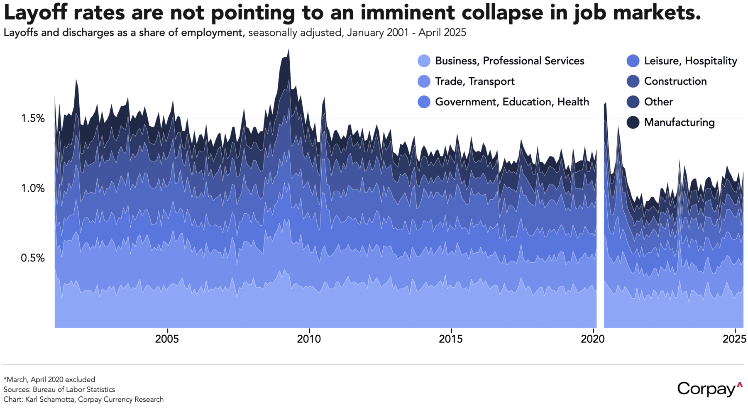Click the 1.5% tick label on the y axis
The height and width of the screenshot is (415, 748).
coord(33,119)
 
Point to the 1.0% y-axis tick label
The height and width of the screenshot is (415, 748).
coord(33,188)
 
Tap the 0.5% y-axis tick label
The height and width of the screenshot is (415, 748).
coord(33,258)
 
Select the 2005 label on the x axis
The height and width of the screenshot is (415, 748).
coord(167,339)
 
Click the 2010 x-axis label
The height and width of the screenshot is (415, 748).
coord(309,339)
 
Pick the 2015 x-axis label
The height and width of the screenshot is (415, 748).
coord(451,339)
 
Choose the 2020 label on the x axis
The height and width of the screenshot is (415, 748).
coord(593,339)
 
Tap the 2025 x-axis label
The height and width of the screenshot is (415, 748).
coord(734,339)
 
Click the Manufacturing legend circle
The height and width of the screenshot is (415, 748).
coord(633,122)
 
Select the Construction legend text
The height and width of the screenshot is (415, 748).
coord(675,81)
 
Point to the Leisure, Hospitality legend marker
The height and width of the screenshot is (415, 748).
coord(633,61)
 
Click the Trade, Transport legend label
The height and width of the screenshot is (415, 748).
coord(474,81)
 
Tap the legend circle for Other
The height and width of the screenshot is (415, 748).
coord(633,102)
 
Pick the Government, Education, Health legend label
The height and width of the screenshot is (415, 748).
coord(512,102)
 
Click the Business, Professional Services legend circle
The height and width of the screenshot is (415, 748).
coord(424,61)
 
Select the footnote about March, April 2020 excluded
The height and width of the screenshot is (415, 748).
coord(49,379)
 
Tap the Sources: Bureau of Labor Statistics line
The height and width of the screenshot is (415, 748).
coord(59,389)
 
